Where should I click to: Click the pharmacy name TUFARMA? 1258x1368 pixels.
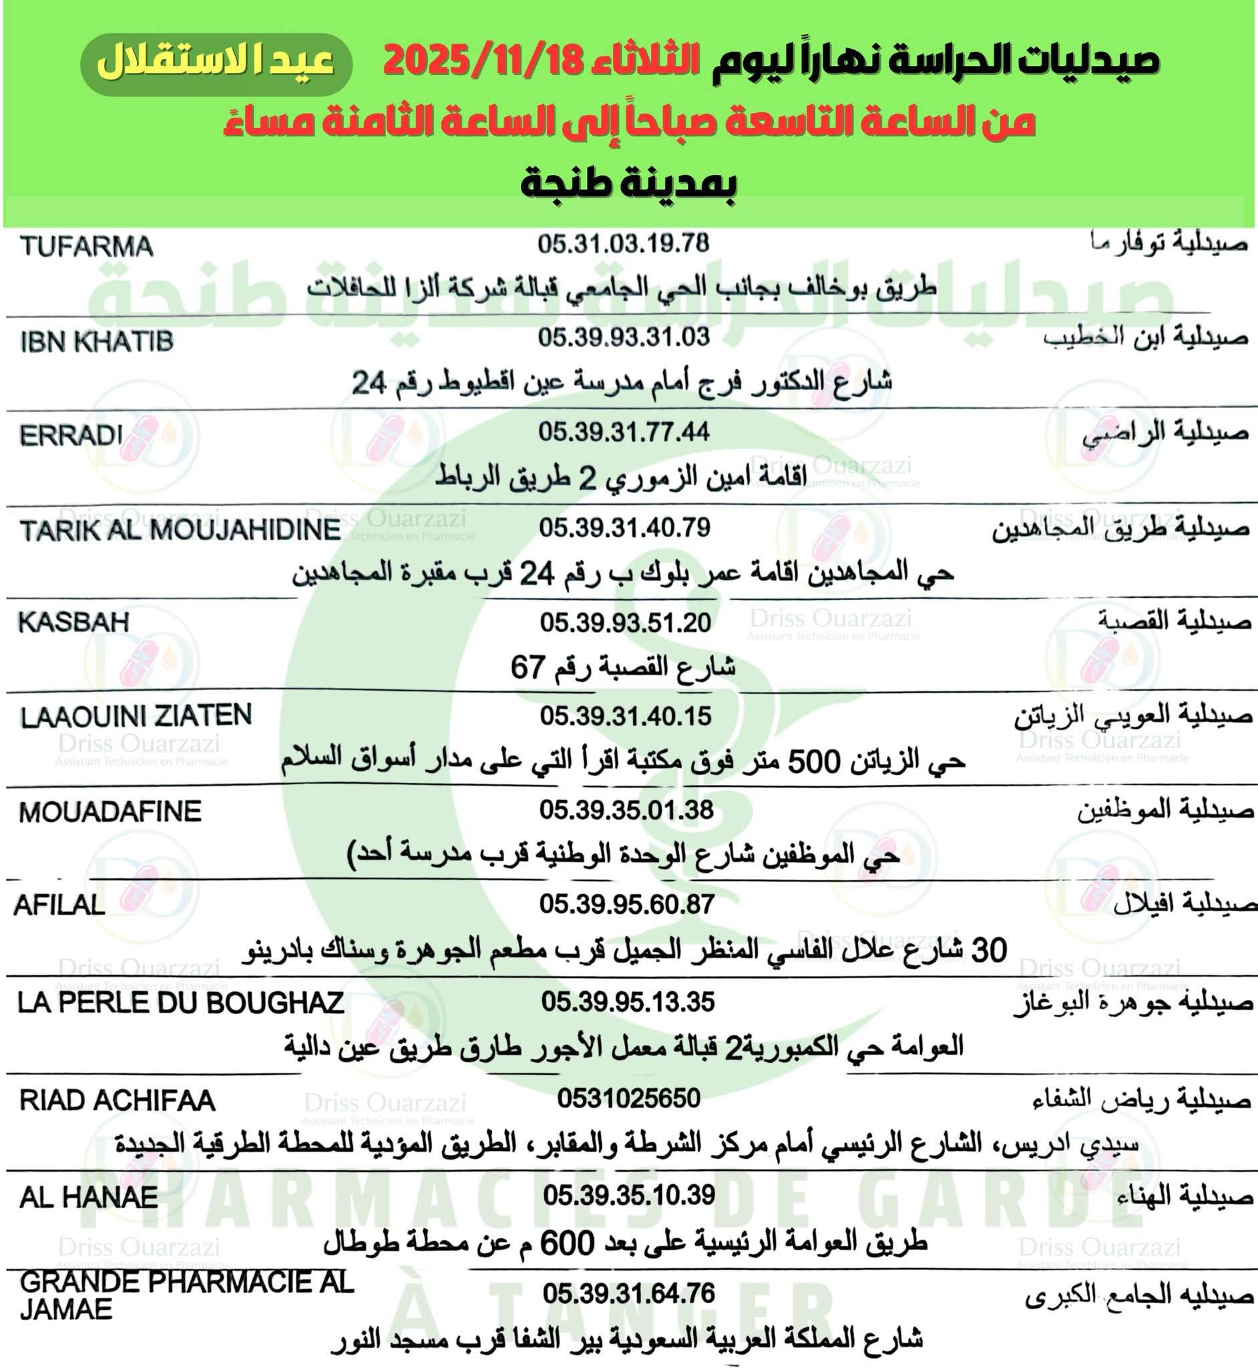[86, 246]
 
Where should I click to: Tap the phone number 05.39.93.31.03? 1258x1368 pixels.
[624, 337]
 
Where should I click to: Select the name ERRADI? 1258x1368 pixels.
[71, 435]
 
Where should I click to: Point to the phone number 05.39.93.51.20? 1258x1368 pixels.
[625, 623]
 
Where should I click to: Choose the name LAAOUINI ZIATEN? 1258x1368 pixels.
[136, 716]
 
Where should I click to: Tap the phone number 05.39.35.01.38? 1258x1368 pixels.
[626, 810]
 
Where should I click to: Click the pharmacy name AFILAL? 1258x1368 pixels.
[60, 904]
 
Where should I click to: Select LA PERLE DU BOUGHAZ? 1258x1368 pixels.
[180, 1003]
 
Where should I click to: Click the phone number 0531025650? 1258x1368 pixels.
[628, 1098]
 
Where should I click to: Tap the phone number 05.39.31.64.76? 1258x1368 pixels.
[628, 1293]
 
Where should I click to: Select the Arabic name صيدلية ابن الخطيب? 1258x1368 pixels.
[1145, 338]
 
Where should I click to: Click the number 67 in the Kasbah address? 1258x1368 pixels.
[528, 667]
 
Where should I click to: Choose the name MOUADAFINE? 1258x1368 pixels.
[110, 812]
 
